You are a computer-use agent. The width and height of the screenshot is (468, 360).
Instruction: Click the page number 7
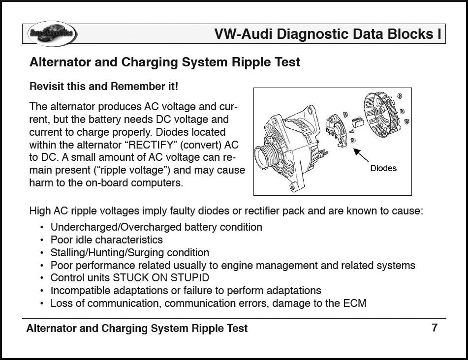[435, 328]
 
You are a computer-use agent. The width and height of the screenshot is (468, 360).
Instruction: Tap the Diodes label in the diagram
[383, 168]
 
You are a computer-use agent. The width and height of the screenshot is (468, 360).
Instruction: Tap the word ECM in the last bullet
[355, 303]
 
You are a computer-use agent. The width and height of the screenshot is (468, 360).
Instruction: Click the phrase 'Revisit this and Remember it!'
[104, 87]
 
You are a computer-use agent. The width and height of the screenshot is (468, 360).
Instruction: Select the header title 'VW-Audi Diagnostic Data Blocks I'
[327, 34]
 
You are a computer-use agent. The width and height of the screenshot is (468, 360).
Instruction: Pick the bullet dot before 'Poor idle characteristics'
[42, 240]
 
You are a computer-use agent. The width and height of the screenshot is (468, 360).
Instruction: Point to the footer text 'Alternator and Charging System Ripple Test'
[137, 329]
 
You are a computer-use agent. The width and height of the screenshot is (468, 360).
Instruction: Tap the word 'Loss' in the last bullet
[61, 303]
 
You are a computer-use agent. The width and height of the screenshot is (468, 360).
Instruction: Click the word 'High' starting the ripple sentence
[40, 211]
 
